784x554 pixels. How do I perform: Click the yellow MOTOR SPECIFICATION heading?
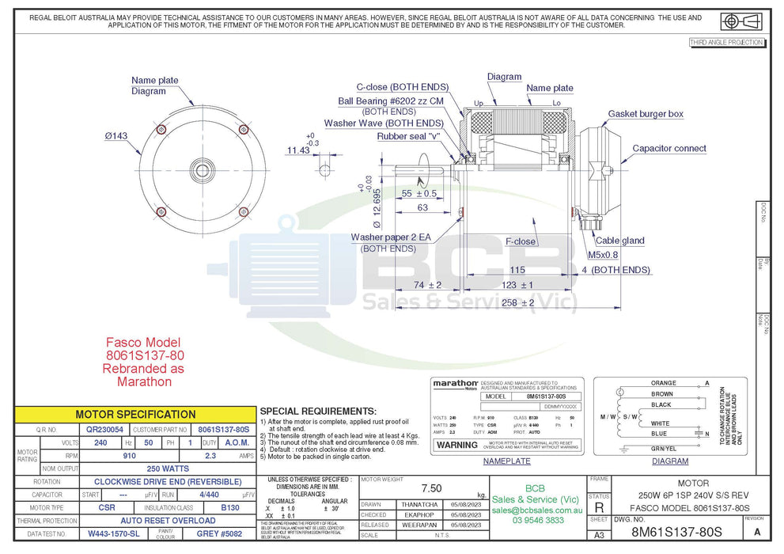point(134,414)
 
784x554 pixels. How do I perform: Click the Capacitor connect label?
point(668,149)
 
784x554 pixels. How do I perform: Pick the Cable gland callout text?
point(619,241)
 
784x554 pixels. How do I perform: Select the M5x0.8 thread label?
point(603,255)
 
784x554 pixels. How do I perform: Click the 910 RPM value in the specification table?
point(130,457)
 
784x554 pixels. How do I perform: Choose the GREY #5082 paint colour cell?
point(218,534)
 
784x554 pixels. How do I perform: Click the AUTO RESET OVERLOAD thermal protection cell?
point(168,521)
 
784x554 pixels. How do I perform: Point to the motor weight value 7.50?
point(431,488)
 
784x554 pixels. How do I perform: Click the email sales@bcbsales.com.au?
point(536,510)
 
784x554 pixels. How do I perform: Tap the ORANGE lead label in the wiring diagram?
point(663,383)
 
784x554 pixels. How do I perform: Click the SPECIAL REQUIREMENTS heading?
point(318,412)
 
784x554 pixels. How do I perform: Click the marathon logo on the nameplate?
point(455,384)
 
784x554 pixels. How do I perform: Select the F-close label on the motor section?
point(520,241)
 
